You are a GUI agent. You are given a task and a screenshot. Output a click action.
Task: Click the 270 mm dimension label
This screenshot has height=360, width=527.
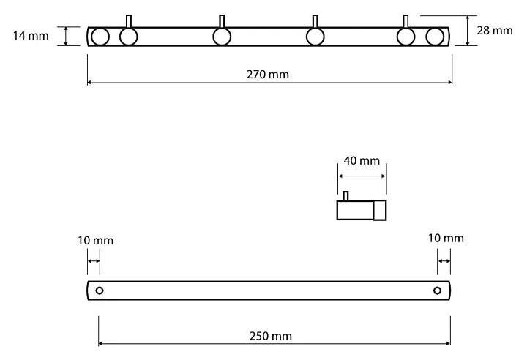coord(269,74)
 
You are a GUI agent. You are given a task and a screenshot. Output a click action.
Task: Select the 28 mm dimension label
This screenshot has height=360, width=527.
coord(496,30)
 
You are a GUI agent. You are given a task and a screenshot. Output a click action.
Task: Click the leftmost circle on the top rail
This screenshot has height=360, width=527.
coord(100,37)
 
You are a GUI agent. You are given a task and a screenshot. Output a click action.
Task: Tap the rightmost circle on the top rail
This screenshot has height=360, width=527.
coord(436,37)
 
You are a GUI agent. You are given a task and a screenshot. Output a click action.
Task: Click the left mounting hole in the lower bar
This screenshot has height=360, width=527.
coord(100,290)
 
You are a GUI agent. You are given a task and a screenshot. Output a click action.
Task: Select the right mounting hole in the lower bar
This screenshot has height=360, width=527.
coord(438,290)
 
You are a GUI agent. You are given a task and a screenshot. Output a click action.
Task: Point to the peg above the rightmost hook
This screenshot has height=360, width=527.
coord(406,21)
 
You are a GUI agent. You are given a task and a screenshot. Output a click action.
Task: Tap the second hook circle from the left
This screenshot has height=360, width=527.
coord(222,37)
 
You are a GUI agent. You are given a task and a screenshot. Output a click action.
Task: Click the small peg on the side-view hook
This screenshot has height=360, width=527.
coord(346,196)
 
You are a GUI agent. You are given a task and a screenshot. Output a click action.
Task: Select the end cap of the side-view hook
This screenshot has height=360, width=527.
coord(380,210)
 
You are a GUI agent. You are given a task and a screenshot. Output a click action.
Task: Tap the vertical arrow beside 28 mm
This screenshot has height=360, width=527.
coord(467,31)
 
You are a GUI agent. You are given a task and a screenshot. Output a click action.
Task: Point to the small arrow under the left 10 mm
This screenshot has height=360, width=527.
coord(94,260)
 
